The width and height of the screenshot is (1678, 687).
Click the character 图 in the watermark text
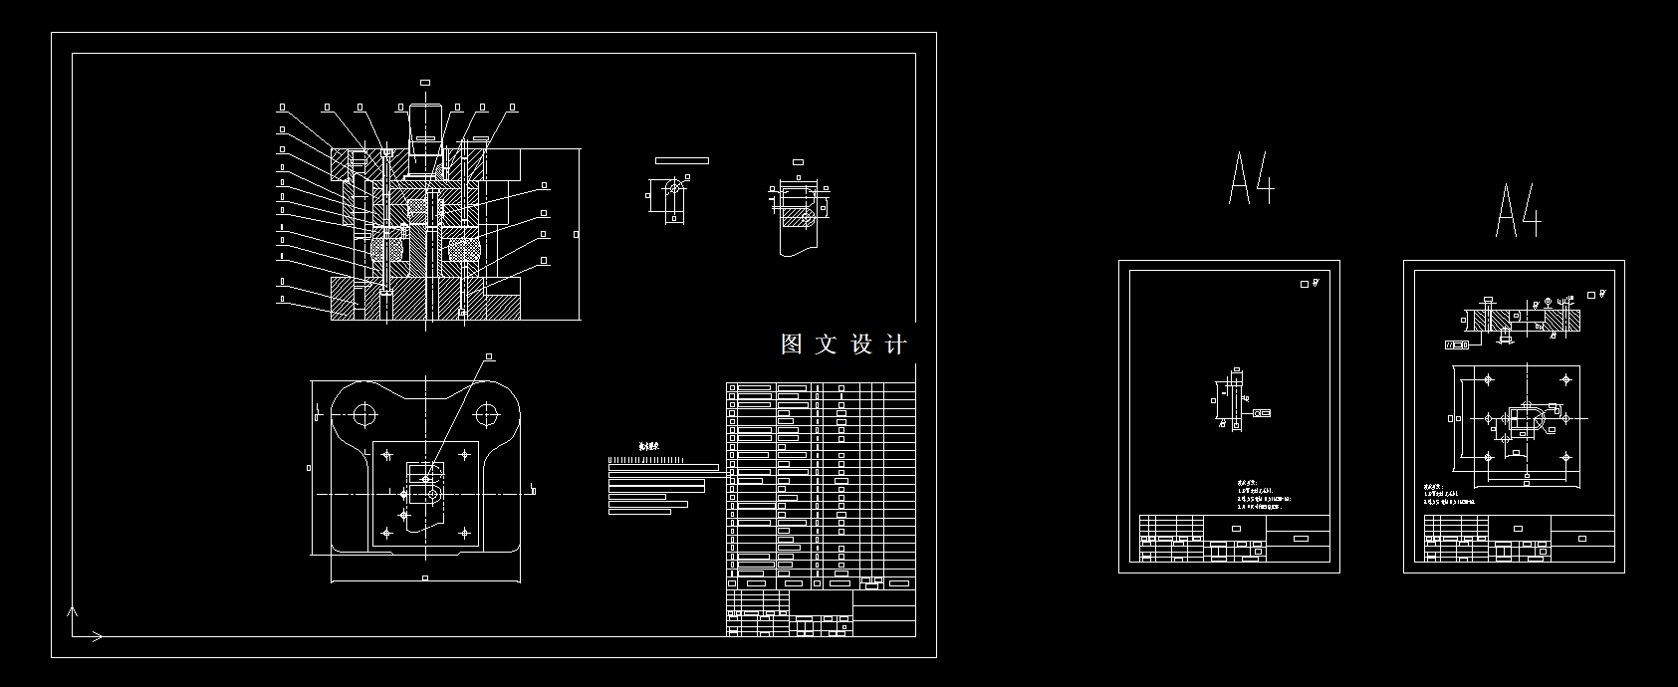pyautogui.click(x=792, y=344)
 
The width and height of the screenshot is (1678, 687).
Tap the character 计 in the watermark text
pyautogui.click(x=895, y=344)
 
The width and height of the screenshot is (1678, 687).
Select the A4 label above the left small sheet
pyautogui.click(x=1252, y=179)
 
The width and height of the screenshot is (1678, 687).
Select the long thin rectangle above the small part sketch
pyautogui.click(x=682, y=159)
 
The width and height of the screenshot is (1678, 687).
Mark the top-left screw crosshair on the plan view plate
pyautogui.click(x=387, y=455)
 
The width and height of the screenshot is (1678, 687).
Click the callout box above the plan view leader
pyautogui.click(x=489, y=355)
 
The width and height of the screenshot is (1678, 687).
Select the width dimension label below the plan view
pyautogui.click(x=425, y=577)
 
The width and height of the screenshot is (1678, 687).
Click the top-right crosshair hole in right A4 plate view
pyautogui.click(x=1566, y=379)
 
